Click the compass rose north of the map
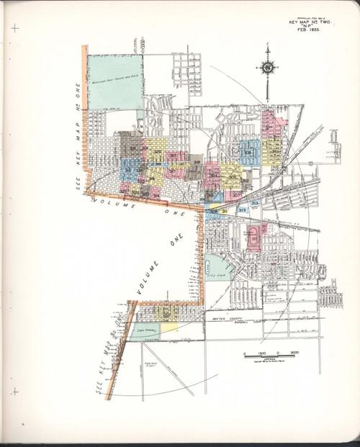point(267,68)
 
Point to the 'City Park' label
point(213,274)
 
